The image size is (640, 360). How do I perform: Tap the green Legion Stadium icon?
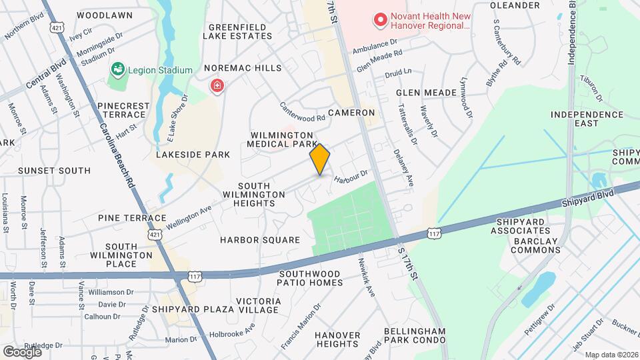[118, 69]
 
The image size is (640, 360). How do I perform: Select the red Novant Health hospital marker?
[381, 21]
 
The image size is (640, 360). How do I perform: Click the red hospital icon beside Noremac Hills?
[217, 86]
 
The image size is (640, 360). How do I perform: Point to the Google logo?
[22, 351]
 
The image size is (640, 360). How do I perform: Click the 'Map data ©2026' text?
[611, 355]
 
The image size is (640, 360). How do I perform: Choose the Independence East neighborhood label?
[587, 120]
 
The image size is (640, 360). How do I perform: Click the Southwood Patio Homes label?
[311, 278]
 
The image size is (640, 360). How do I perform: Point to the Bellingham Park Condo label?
[414, 335]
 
